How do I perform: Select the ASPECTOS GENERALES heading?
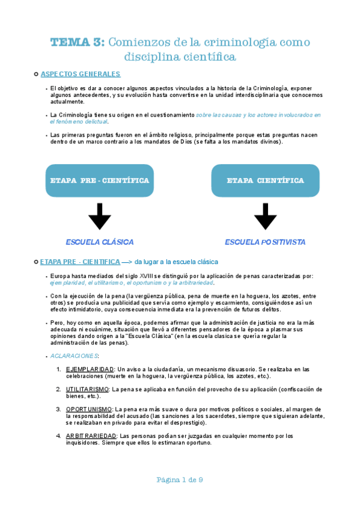coord(81,74)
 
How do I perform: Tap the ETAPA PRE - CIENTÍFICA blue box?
coord(99,180)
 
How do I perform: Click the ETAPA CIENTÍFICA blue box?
coord(265,180)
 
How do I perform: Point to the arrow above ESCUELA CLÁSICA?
coord(100,217)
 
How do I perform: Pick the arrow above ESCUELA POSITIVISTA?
coord(265,217)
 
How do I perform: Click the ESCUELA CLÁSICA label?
coord(100,242)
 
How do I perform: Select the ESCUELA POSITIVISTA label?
coord(265,242)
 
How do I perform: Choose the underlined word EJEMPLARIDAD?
coord(90,369)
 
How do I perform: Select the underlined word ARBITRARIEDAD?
coord(91,436)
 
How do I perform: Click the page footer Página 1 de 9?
coord(180,479)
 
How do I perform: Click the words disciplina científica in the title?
coord(180,57)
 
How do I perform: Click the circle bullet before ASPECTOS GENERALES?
coord(36,74)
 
